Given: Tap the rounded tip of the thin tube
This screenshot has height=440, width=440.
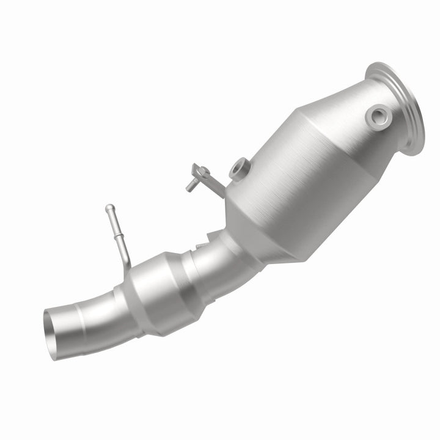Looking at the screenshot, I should (x=108, y=208).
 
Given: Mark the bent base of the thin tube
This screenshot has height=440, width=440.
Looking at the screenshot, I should (x=125, y=262).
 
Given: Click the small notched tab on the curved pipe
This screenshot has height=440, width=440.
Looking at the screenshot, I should (x=199, y=244).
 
